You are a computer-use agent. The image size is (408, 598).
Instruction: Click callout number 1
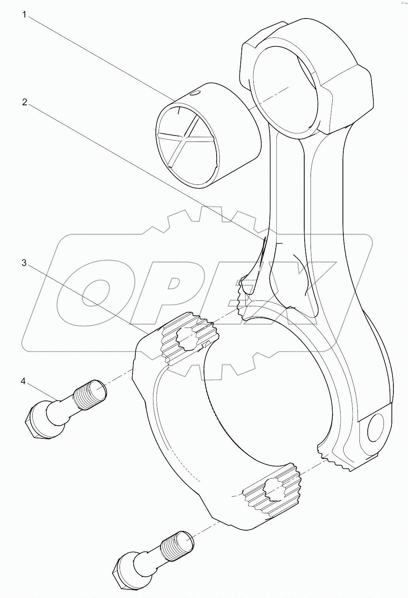click(24, 15)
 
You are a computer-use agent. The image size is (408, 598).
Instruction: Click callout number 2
click(24, 102)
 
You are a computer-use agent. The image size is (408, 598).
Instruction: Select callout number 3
click(24, 263)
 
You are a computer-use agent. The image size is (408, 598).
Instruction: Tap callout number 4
click(24, 381)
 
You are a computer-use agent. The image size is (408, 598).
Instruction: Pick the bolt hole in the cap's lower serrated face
click(273, 488)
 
